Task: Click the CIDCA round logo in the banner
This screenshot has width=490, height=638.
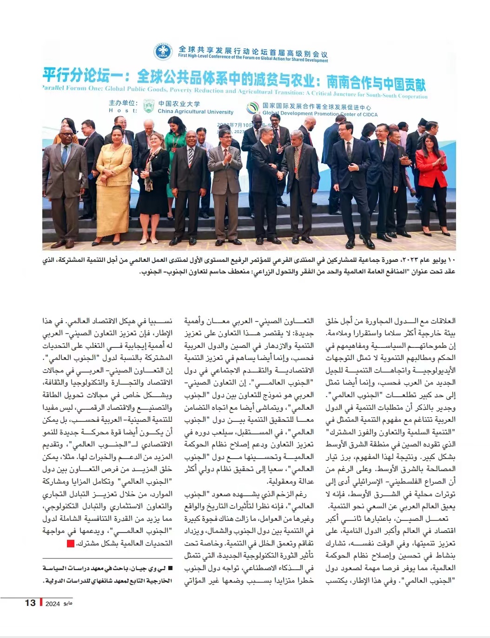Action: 163,51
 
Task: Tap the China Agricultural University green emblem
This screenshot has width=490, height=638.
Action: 149,106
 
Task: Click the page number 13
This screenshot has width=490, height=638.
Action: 30,603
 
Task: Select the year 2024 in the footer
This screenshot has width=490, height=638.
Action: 53,604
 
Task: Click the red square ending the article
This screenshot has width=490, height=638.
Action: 70,543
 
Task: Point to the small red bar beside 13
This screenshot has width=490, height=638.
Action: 41,603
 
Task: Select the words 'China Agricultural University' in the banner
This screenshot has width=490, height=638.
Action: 195,112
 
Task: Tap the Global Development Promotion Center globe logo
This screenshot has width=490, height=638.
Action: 253,108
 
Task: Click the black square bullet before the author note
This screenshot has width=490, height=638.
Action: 170,568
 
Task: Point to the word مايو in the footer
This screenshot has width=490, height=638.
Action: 68,604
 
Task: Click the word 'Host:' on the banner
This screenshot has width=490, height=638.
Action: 123,111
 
